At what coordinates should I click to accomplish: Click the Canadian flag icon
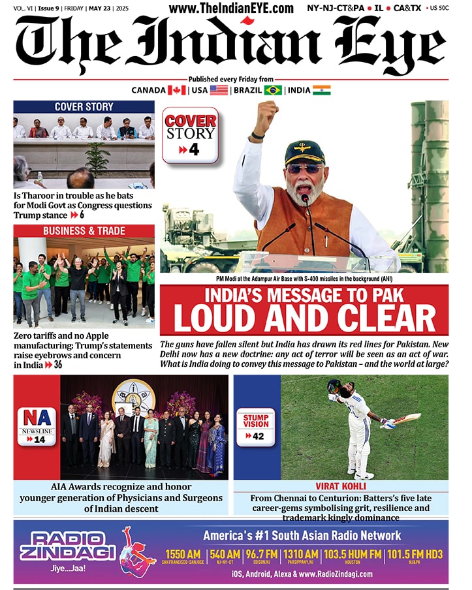point(177,90)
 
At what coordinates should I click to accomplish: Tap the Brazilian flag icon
point(273,90)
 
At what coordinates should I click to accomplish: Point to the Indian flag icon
point(321,90)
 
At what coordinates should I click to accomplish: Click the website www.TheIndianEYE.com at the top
point(231,8)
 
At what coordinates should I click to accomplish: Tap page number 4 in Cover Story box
point(194,151)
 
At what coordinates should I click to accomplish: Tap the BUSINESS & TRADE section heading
point(84,231)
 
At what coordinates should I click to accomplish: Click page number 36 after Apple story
point(59,365)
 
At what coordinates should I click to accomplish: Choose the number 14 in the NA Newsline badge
point(40,440)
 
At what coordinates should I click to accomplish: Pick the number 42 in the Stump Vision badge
point(259,436)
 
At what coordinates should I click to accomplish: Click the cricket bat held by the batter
point(405,418)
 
